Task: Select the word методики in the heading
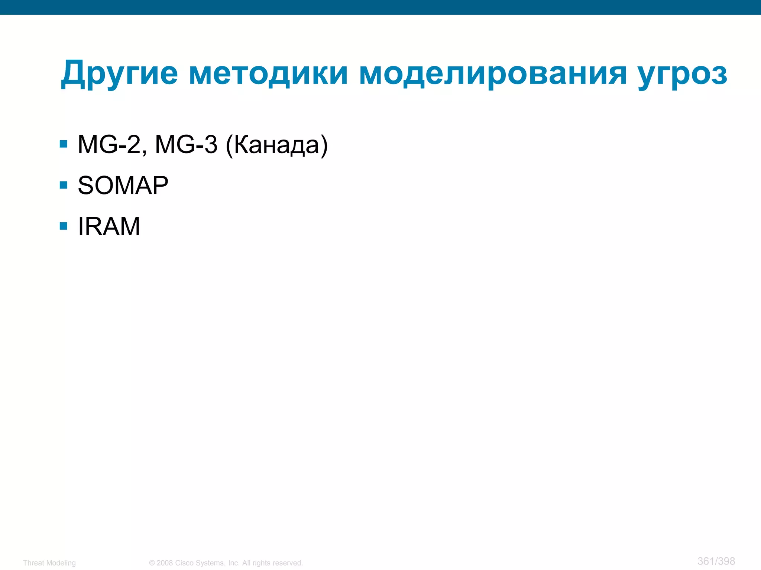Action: point(268,73)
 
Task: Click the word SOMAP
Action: point(123,185)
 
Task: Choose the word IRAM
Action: point(109,226)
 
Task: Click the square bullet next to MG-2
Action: point(64,144)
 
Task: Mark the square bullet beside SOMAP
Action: point(64,185)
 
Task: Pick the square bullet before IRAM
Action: point(64,226)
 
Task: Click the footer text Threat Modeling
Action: point(49,563)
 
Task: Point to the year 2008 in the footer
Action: point(165,563)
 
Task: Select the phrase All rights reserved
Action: point(272,563)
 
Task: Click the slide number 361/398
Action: point(716,561)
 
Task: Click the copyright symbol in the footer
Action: point(152,563)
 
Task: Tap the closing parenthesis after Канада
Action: point(324,145)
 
